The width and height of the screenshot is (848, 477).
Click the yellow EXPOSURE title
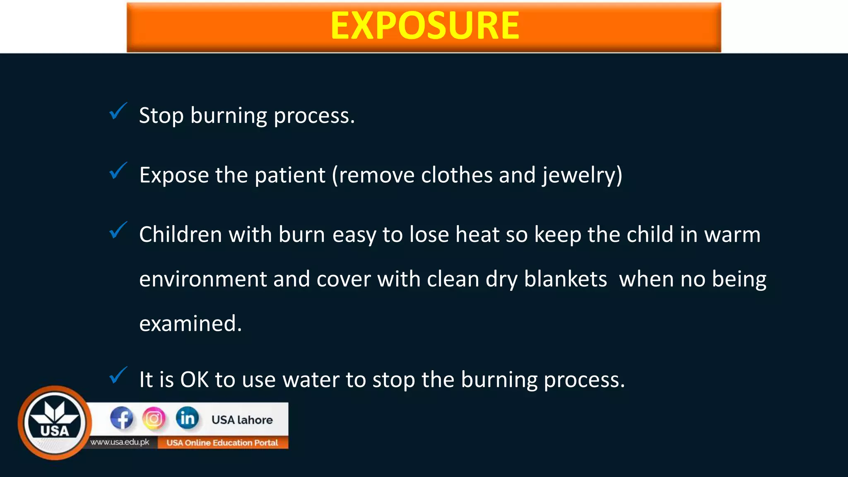(424, 26)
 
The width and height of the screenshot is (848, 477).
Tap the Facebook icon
(121, 418)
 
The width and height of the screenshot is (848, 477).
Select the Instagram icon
(154, 418)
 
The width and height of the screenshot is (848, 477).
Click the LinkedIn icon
(187, 418)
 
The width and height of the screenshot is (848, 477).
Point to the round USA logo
(55, 423)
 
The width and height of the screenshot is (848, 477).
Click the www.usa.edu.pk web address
(120, 442)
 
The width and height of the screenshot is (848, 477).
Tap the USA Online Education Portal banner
(222, 443)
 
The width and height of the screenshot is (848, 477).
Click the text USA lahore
(242, 420)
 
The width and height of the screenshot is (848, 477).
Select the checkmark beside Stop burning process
(118, 111)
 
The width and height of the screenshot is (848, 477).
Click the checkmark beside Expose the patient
(118, 171)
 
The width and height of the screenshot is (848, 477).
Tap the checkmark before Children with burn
(118, 231)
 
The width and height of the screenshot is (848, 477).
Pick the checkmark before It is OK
(118, 376)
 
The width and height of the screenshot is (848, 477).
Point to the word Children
(181, 235)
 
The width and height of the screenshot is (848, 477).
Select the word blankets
(566, 279)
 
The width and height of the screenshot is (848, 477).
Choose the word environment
(203, 279)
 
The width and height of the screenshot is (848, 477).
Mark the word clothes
(457, 175)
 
